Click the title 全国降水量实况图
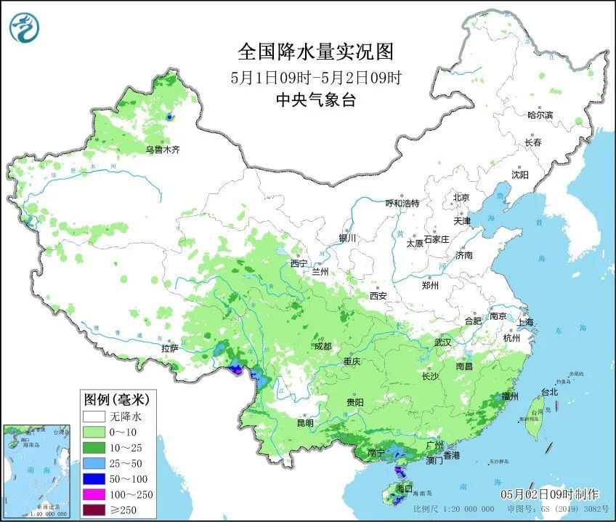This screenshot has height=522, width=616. [315, 52]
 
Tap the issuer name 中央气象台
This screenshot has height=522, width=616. [315, 101]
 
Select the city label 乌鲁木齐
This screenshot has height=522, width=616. [162, 150]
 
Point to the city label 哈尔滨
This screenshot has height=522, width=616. [540, 115]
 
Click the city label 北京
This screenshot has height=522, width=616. [461, 198]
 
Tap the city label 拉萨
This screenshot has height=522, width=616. [169, 349]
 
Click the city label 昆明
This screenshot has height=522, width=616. [305, 423]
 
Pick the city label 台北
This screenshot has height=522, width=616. [549, 392]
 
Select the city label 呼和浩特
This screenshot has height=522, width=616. [402, 204]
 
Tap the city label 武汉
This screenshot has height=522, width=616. [442, 342]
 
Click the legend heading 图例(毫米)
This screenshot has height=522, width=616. [116, 399]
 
